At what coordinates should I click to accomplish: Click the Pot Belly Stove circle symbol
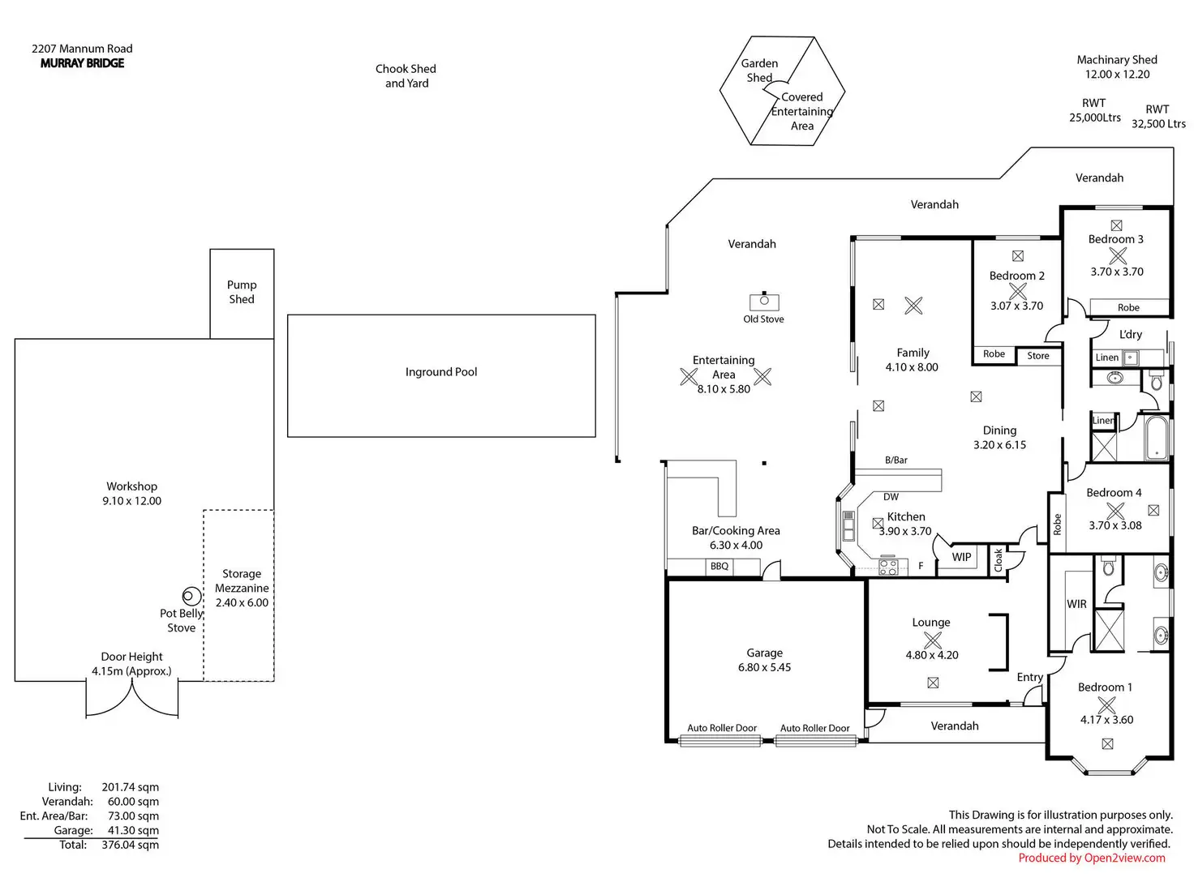tap(191, 597)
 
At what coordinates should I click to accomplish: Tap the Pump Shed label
tap(242, 292)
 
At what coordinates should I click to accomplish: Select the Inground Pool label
tap(441, 372)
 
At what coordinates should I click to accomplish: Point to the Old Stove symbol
tap(764, 302)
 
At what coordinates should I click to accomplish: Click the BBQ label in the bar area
tap(719, 566)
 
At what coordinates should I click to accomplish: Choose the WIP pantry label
tap(961, 557)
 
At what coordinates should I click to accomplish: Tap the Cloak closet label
tap(999, 559)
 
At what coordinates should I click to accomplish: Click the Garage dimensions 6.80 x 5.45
tap(764, 667)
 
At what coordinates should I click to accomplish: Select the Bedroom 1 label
tap(1105, 687)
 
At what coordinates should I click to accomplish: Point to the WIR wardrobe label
tap(1076, 604)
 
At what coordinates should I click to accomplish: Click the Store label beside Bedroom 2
tap(1038, 356)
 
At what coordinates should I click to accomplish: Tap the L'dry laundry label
tap(1131, 334)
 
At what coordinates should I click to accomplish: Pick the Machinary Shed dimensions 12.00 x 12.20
tap(1117, 74)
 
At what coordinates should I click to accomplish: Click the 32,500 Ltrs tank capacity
tap(1158, 124)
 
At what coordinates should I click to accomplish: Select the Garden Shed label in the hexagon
tap(759, 71)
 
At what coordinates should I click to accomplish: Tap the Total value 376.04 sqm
tap(130, 845)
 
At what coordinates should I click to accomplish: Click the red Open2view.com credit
tap(1092, 858)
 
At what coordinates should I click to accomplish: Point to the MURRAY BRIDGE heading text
tap(82, 63)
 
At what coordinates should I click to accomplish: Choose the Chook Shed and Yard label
tap(406, 75)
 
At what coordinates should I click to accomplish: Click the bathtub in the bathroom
tap(1155, 438)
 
